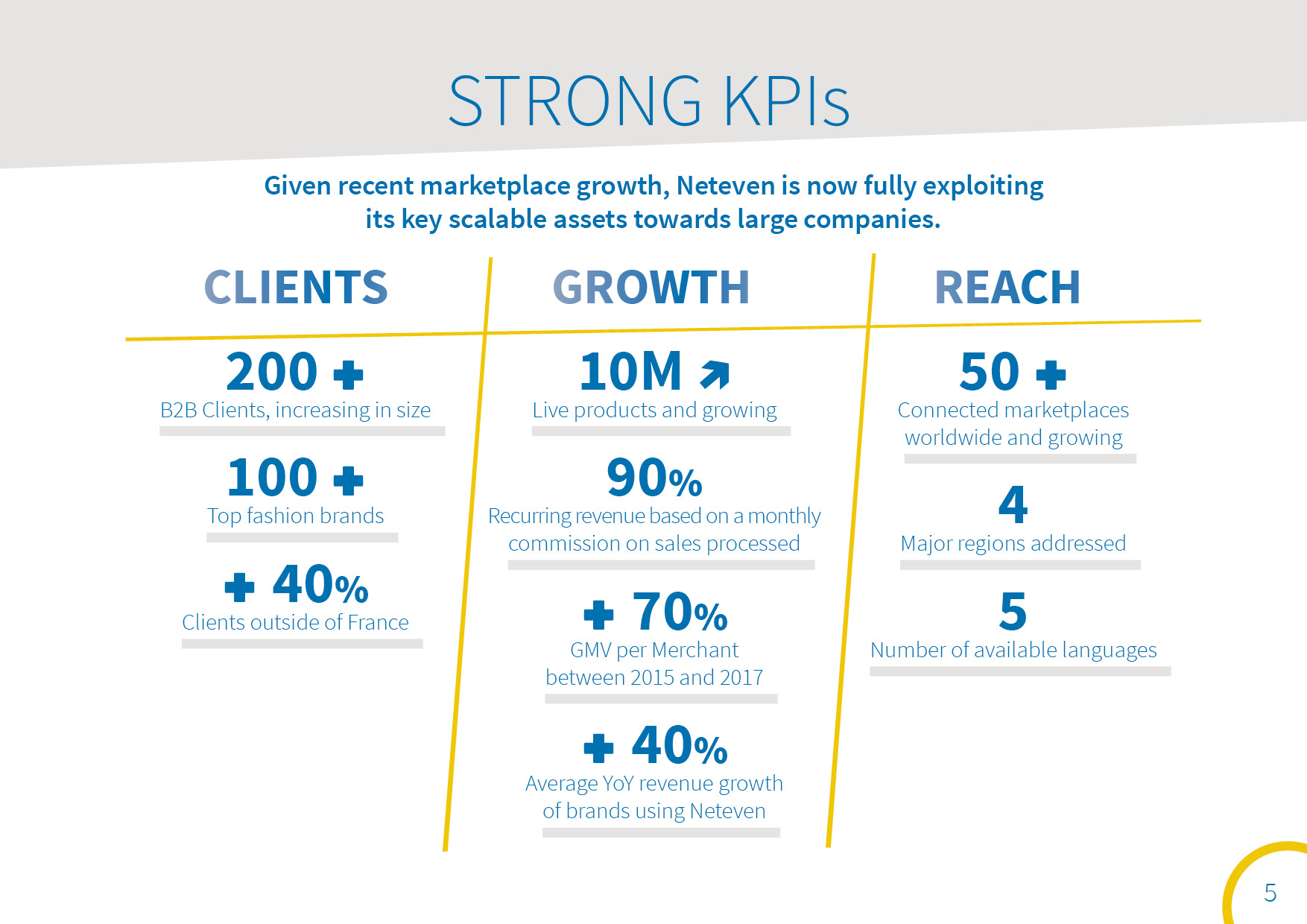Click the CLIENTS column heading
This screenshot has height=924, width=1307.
coord(296,288)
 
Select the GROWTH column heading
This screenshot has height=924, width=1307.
coord(651,288)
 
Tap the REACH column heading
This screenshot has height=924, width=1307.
coord(1007,288)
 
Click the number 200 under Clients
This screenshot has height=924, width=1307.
coord(272,372)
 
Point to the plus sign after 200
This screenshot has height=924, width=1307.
coord(349,375)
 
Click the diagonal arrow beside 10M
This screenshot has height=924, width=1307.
coord(715,375)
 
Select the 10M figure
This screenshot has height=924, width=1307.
coord(631,372)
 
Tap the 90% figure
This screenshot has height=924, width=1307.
coord(654,478)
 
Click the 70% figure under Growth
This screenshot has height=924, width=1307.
coord(680,613)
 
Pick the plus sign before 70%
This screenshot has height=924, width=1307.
coord(598,616)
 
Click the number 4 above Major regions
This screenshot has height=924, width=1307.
coord(1013,505)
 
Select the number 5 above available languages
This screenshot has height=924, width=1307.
coord(1013,612)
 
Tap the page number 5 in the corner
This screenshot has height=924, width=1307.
coord(1270,893)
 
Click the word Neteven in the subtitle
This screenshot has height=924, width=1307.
coord(726,186)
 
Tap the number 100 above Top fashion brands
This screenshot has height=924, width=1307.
coord(273,478)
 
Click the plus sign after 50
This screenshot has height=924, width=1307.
coord(1051,375)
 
